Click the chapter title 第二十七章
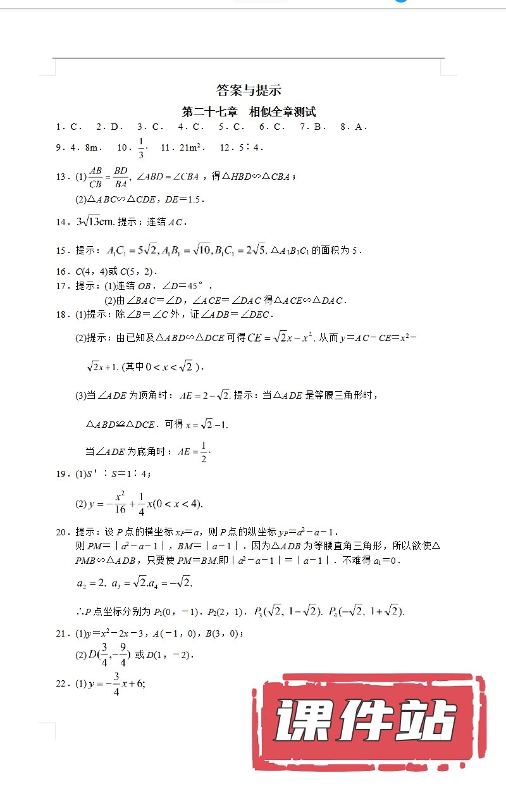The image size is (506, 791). coord(209,113)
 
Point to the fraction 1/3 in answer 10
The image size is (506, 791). coord(141,148)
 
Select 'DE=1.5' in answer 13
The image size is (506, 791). coord(184,199)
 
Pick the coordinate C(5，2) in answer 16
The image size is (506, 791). coord(140,271)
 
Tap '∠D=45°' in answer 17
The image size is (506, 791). coord(184,286)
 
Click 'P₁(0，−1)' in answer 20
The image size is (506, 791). coord(179,612)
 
